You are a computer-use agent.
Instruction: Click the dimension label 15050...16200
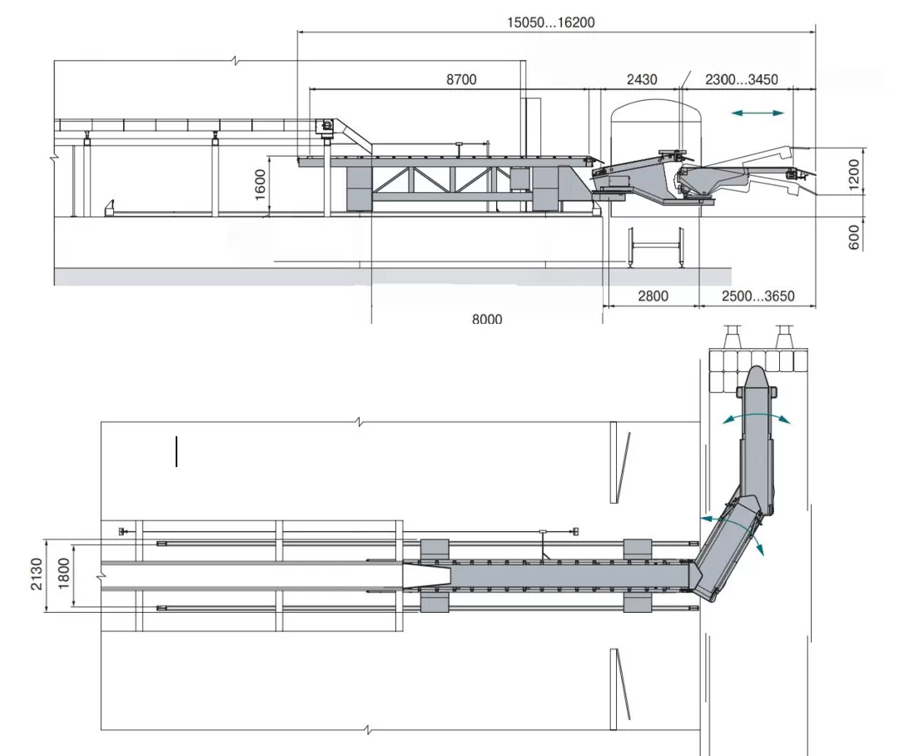[x=551, y=22]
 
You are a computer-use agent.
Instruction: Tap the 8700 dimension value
[x=461, y=79]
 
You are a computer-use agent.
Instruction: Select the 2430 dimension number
[x=642, y=79]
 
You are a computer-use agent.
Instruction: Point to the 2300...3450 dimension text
[x=742, y=79]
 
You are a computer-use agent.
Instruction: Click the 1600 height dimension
[x=261, y=184]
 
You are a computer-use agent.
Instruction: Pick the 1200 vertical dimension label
[x=853, y=175]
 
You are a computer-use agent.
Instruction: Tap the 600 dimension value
[x=853, y=237]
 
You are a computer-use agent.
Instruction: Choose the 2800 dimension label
[x=653, y=296]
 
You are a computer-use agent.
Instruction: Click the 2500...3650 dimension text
[x=757, y=296]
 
